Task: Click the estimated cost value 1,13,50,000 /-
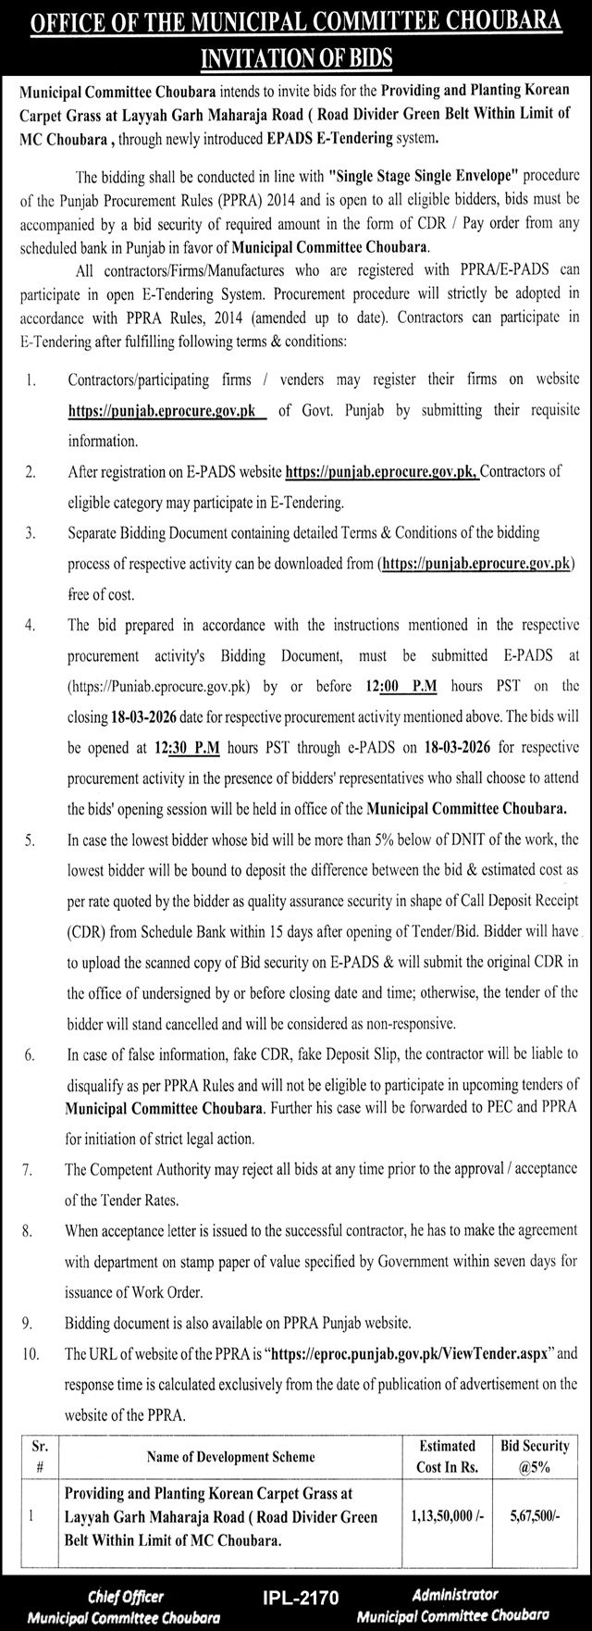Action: [442, 1516]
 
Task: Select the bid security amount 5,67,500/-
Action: [535, 1516]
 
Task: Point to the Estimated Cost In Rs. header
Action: [447, 1456]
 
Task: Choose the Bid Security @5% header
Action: [536, 1456]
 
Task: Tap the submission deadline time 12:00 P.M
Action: [388, 687]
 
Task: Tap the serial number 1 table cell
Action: [31, 1516]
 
